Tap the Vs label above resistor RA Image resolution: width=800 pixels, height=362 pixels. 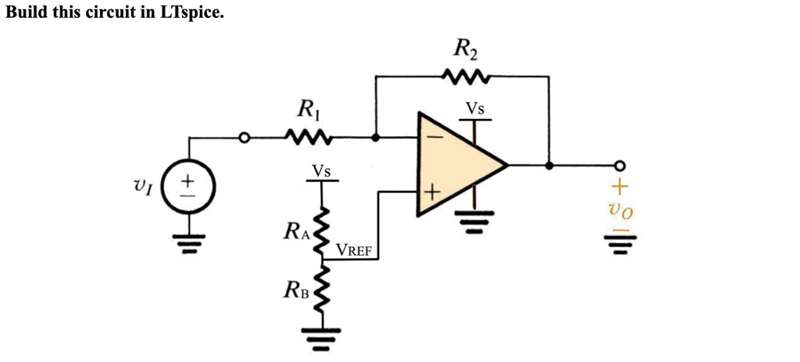click(x=320, y=170)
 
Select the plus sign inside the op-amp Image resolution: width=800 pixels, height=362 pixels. click(x=432, y=192)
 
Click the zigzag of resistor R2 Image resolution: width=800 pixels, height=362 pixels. click(x=465, y=77)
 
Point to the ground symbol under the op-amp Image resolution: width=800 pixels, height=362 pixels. click(x=473, y=220)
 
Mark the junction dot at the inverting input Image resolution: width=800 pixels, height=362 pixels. click(x=376, y=138)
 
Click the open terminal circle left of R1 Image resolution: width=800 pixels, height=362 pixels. click(x=245, y=138)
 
